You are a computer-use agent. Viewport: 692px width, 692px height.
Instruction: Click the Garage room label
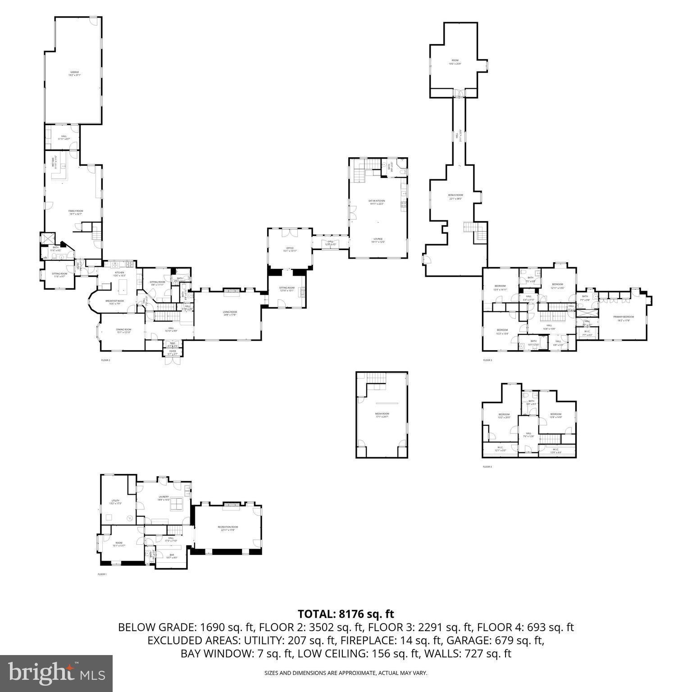74,72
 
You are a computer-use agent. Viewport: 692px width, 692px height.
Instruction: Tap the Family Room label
76,211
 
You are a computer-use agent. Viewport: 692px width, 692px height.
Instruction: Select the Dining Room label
124,330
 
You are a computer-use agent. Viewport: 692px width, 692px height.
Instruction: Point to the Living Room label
230,312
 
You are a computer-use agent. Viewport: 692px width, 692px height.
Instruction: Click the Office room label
290,248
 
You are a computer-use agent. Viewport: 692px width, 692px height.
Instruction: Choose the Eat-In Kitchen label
378,200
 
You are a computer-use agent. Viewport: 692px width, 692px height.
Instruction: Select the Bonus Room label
455,195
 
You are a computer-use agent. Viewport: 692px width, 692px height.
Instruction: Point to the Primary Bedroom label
624,317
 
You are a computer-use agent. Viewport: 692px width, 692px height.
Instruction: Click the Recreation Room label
228,527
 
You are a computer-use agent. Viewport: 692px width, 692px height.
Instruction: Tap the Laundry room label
164,497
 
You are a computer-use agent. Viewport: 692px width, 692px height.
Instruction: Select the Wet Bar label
54,162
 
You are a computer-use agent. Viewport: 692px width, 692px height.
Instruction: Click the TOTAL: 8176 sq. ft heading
346,614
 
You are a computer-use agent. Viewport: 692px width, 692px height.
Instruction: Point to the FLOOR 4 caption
487,467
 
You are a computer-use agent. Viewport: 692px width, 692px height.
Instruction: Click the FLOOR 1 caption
102,574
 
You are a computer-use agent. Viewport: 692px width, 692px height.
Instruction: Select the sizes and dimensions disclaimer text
346,673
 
